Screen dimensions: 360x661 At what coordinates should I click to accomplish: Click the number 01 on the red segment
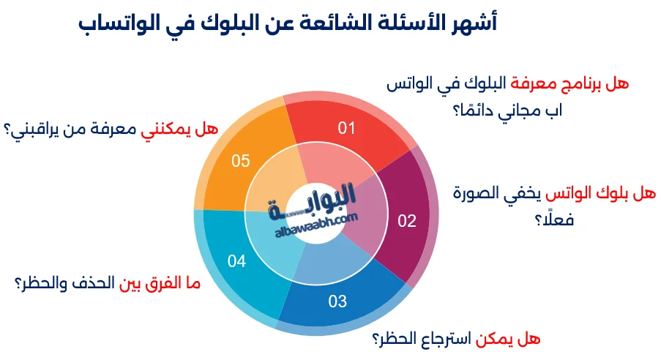pos(346,129)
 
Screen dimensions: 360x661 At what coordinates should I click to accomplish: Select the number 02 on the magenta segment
pos(406,220)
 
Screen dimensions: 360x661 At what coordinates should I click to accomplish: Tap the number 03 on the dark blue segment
pos(337,300)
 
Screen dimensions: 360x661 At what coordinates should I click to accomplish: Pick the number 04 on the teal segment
pos(236,260)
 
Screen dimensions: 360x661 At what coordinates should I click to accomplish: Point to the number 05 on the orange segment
pos(241,161)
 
